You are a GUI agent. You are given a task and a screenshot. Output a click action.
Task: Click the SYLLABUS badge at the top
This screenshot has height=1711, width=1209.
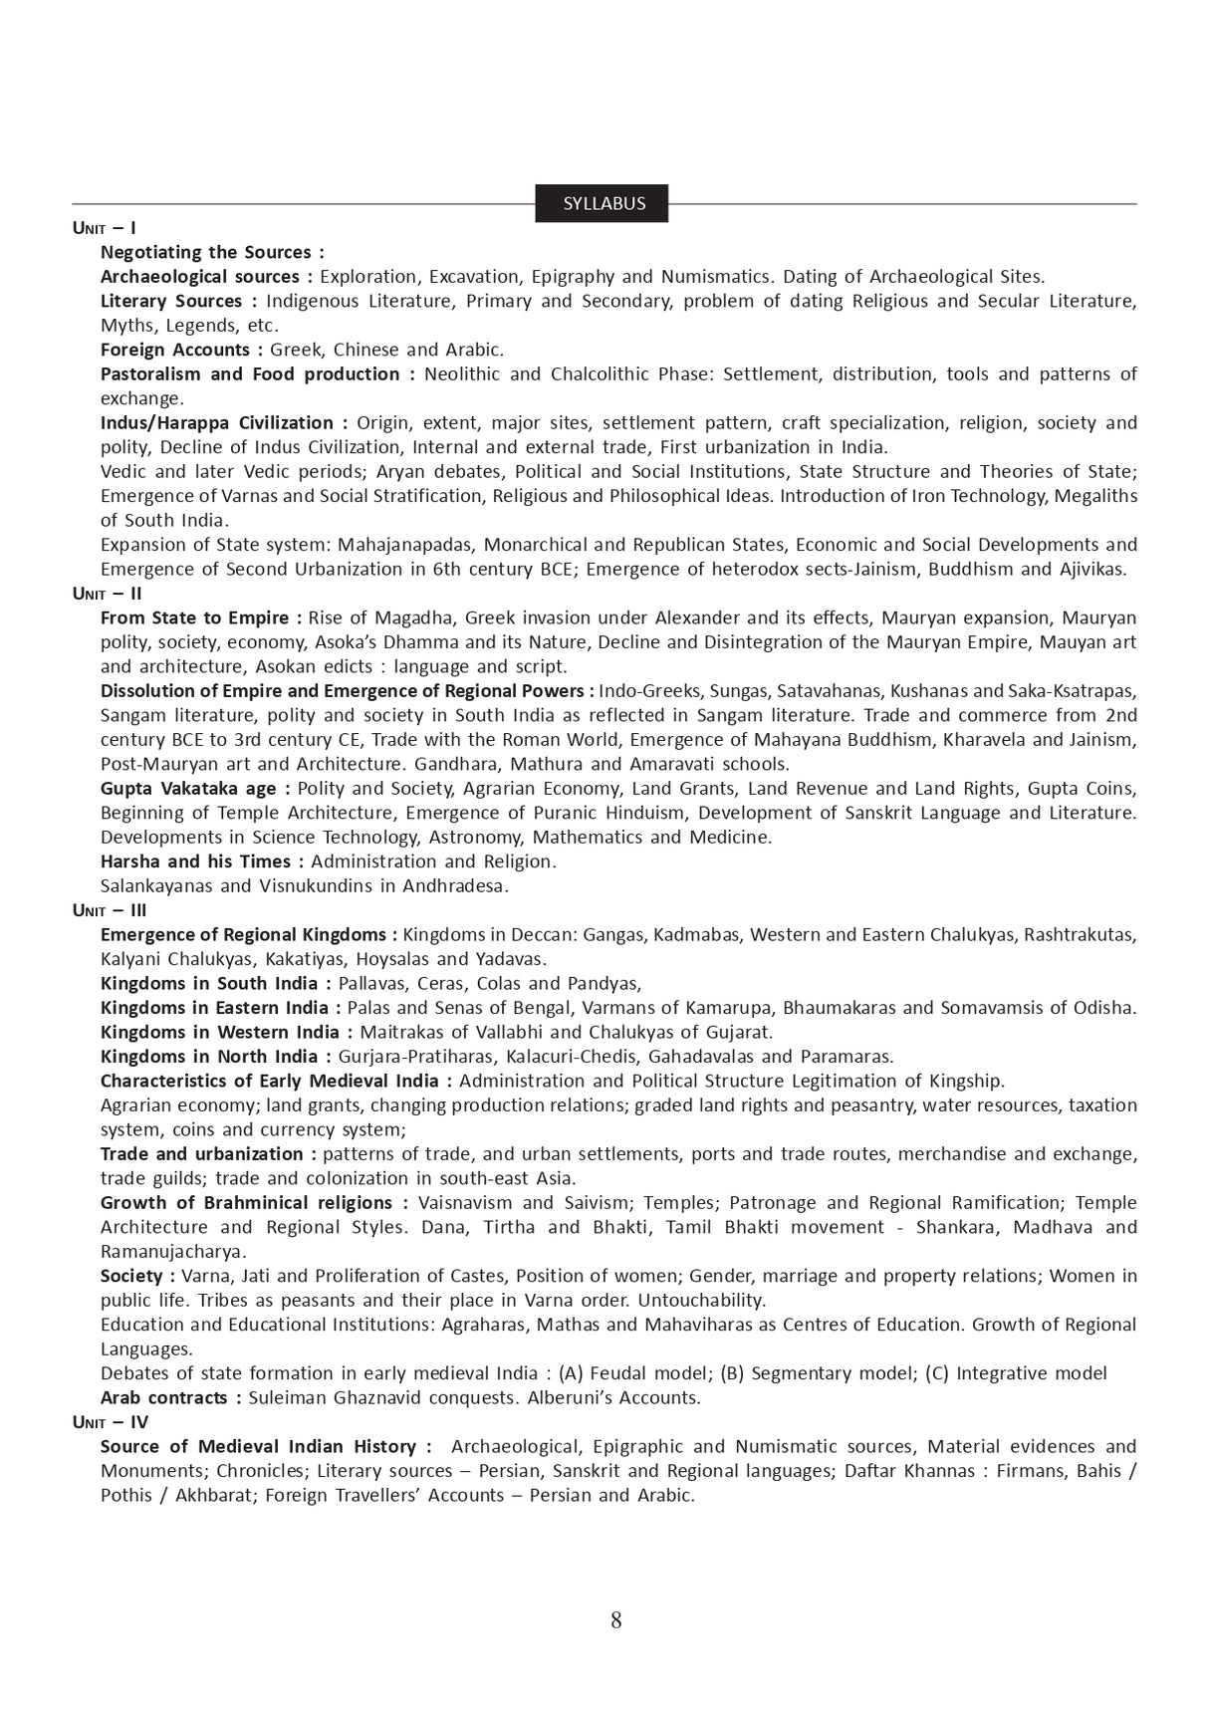pyautogui.click(x=604, y=203)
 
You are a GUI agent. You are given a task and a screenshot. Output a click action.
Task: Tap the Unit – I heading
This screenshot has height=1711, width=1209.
pyautogui.click(x=105, y=228)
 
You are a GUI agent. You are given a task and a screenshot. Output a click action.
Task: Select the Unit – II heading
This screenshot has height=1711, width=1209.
pyautogui.click(x=108, y=594)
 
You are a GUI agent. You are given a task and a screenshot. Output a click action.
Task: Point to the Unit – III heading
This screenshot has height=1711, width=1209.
pyautogui.click(x=110, y=910)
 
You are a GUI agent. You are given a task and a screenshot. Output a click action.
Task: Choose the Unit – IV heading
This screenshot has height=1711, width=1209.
pyautogui.click(x=110, y=1422)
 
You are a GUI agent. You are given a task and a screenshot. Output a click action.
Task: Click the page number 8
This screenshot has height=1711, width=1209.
pyautogui.click(x=615, y=1620)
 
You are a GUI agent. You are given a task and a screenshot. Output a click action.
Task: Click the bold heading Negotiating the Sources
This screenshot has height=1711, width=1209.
pyautogui.click(x=212, y=252)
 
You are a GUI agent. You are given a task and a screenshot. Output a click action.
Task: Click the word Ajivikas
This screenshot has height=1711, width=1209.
pyautogui.click(x=1090, y=570)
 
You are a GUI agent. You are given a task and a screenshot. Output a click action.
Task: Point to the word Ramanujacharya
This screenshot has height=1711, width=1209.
pyautogui.click(x=172, y=1252)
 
